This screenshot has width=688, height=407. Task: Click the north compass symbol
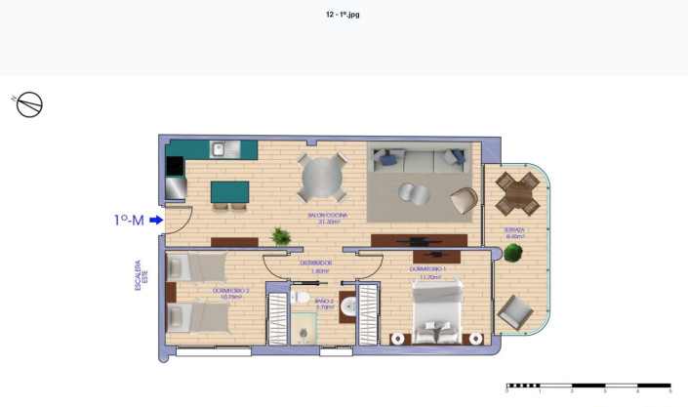(29, 103)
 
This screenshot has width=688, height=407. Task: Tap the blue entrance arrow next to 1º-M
(156, 221)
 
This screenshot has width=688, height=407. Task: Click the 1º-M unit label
(129, 221)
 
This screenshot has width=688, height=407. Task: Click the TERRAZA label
(514, 232)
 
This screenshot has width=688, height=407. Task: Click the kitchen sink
(222, 149)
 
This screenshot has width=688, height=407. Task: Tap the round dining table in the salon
(321, 179)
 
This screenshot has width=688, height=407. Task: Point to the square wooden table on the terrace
(517, 192)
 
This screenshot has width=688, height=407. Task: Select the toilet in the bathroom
(303, 297)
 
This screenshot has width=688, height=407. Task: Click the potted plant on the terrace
(512, 253)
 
